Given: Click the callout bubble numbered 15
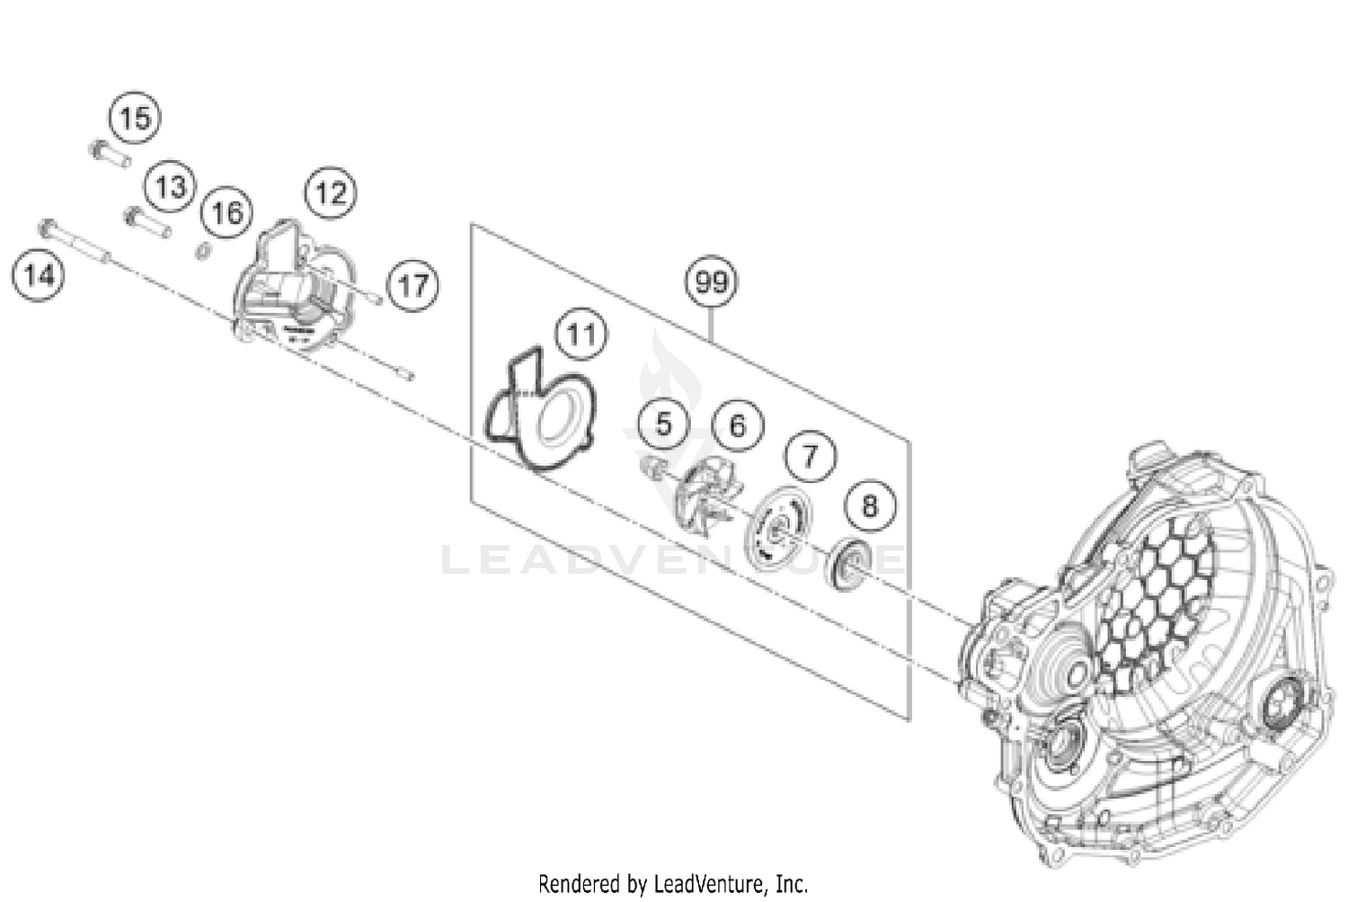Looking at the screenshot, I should [135, 118].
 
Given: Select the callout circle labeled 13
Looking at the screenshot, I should [170, 187].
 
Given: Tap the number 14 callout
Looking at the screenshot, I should [39, 275].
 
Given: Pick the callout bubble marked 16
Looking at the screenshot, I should [226, 212].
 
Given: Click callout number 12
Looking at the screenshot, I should [330, 192].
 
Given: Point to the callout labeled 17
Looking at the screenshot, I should [412, 286].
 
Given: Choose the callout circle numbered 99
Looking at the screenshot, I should [711, 282].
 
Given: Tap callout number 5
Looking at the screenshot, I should [663, 424].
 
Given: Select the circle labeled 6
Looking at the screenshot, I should [737, 425].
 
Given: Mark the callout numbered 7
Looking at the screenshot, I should [811, 457].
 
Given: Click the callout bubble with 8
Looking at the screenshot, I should [869, 506].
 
